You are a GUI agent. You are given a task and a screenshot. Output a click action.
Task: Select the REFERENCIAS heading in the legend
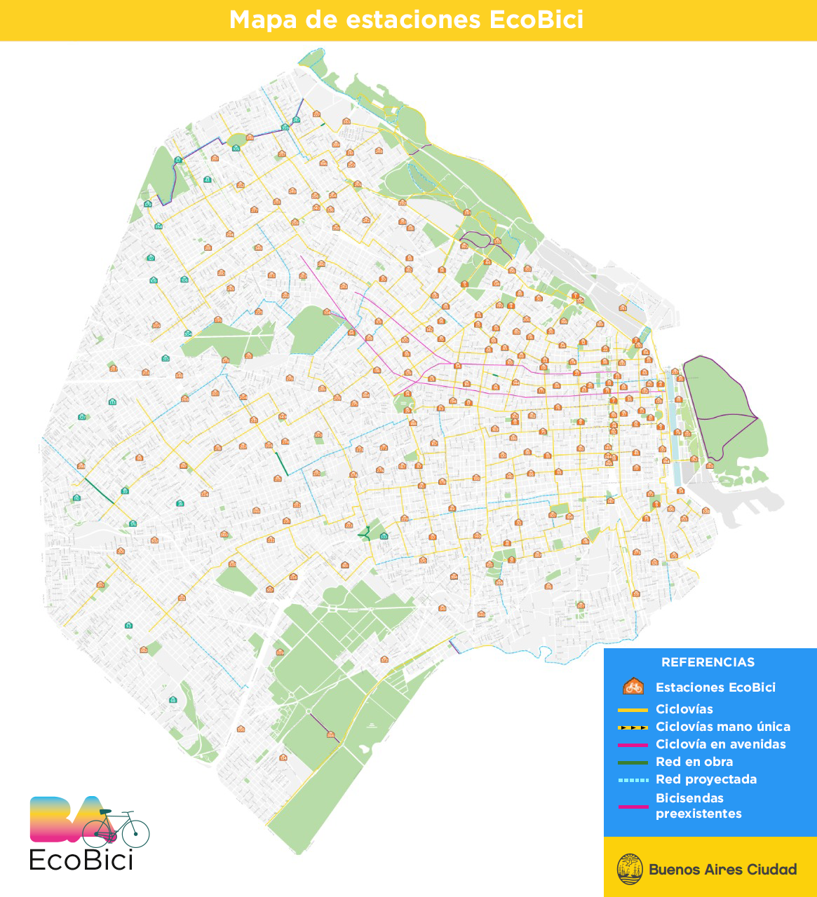pyautogui.click(x=708, y=662)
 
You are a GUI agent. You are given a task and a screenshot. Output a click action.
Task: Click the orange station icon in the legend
pyautogui.click(x=633, y=687)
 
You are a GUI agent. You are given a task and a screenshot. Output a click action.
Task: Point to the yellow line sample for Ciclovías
pyautogui.click(x=633, y=710)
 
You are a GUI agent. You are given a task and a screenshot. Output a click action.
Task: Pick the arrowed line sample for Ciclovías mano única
pyautogui.click(x=633, y=727)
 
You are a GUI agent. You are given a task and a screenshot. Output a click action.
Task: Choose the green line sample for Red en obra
pyautogui.click(x=633, y=762)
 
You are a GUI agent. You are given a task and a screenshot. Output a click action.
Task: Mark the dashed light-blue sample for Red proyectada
pyautogui.click(x=633, y=780)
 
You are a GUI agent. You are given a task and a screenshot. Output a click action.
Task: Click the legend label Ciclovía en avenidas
pyautogui.click(x=720, y=744)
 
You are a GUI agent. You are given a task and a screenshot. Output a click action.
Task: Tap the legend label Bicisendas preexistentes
pyautogui.click(x=698, y=806)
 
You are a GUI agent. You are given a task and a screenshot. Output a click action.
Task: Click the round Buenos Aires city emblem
pyautogui.click(x=630, y=869)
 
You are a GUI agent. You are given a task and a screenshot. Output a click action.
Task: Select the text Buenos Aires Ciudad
pyautogui.click(x=722, y=870)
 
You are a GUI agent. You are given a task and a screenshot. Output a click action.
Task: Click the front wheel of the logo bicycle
pyautogui.click(x=135, y=832)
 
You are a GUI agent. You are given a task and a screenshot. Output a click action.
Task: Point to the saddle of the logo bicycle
pyautogui.click(x=105, y=812)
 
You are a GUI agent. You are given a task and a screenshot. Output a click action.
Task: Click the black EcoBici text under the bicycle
pyautogui.click(x=81, y=859)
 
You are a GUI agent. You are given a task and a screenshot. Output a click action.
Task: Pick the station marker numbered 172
pyautogui.click(x=349, y=526)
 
